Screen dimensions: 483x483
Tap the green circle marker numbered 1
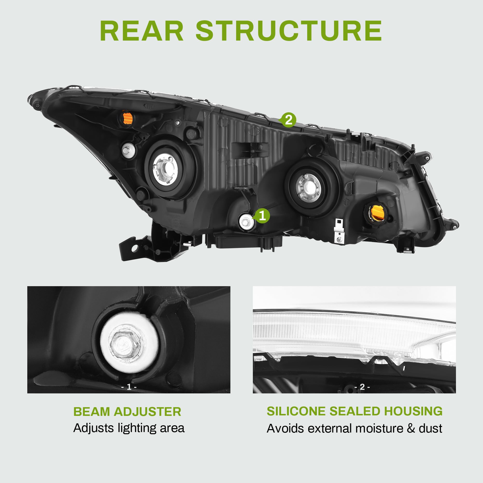[262, 216]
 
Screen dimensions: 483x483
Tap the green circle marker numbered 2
[288, 120]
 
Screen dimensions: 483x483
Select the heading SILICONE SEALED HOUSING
[355, 412]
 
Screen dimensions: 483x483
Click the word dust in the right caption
[431, 428]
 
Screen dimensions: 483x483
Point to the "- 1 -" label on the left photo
[129, 387]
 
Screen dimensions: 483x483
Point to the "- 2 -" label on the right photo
[362, 387]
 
